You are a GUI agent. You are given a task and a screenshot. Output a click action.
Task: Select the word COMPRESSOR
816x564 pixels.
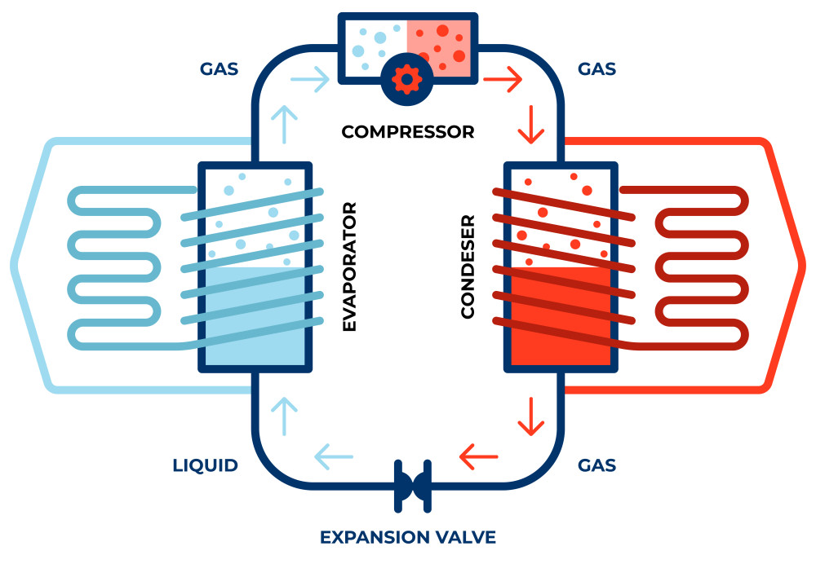(407, 131)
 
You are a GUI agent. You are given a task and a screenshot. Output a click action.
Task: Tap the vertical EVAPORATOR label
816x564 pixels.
(350, 269)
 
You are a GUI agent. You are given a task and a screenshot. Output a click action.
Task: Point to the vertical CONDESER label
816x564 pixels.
(468, 267)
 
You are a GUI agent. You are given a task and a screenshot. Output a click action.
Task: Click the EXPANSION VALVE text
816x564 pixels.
(407, 537)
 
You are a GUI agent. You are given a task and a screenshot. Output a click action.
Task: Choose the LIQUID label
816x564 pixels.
(206, 466)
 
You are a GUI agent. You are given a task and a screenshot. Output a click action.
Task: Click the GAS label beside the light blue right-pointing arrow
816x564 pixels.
(220, 68)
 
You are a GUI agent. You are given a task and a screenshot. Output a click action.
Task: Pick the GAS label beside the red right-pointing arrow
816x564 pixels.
(596, 68)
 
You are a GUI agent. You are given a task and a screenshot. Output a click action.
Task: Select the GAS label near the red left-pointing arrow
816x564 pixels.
(596, 466)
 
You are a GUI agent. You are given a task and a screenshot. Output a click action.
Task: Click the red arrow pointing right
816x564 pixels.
(503, 79)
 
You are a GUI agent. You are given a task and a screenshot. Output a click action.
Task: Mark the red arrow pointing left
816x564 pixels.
(479, 456)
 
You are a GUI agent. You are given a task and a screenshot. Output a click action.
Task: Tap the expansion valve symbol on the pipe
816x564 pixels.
(411, 487)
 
